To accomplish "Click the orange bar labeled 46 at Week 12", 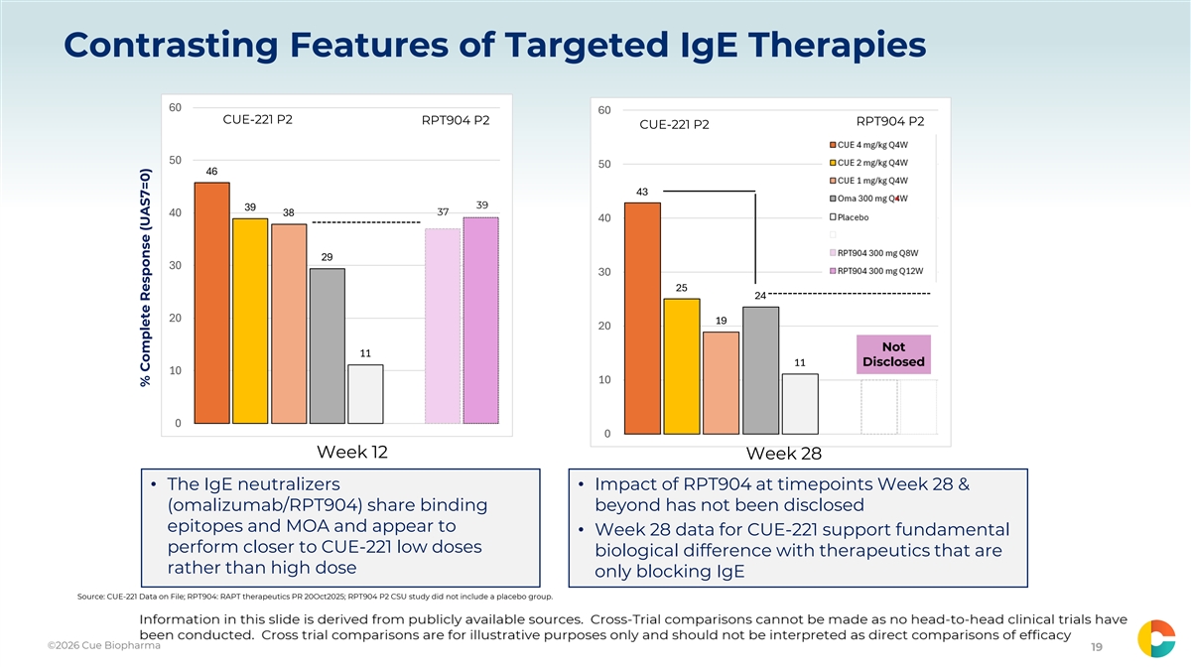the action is click(212, 303).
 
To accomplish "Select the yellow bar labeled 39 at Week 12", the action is click(250, 322).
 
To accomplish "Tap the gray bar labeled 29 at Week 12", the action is click(328, 346).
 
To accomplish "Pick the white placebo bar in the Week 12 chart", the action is click(366, 394).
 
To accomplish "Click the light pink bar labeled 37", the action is click(443, 326).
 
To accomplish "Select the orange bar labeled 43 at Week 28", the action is click(643, 319).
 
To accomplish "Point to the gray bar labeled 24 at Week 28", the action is click(761, 370).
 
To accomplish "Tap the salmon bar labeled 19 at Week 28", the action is click(721, 383).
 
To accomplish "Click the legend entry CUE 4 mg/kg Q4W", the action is click(868, 145).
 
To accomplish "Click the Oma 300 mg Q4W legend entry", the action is click(868, 199).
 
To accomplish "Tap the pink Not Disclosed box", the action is click(894, 354).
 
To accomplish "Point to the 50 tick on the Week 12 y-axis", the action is click(176, 160).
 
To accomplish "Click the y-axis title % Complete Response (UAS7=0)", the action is click(146, 278).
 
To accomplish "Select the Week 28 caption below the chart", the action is click(784, 454).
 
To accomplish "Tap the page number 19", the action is click(1097, 646).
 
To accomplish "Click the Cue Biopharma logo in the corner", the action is click(1156, 638).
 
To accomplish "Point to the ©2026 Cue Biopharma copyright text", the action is click(103, 645).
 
